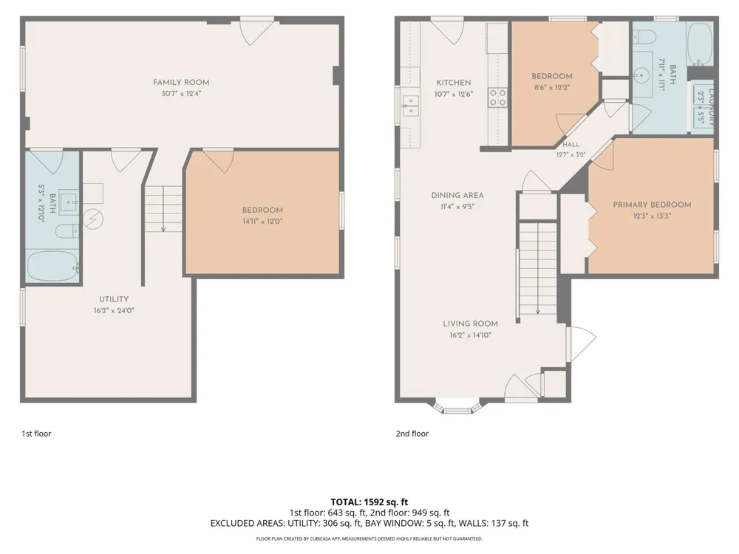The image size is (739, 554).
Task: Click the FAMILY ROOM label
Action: (x=181, y=83)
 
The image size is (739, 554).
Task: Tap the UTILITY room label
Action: (x=114, y=299)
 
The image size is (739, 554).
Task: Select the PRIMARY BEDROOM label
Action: (x=652, y=205)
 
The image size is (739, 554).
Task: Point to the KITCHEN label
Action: (x=454, y=83)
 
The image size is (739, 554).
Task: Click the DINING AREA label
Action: (x=457, y=195)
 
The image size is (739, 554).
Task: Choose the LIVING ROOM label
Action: (x=470, y=324)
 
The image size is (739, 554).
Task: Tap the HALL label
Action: (x=571, y=145)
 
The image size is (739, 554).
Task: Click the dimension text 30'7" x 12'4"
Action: (x=181, y=94)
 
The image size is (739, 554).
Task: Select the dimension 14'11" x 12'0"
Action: (x=262, y=222)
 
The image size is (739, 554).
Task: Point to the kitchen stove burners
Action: (x=497, y=98)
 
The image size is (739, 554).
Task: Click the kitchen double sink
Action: (x=410, y=106)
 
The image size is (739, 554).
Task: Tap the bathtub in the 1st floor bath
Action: (x=52, y=266)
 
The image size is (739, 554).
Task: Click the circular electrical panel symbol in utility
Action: (x=93, y=219)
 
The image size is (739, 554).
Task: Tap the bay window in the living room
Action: (x=457, y=408)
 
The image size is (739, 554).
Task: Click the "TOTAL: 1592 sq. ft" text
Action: (x=369, y=502)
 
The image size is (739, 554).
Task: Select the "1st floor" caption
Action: (x=36, y=434)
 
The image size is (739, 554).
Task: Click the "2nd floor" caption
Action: (x=412, y=434)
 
